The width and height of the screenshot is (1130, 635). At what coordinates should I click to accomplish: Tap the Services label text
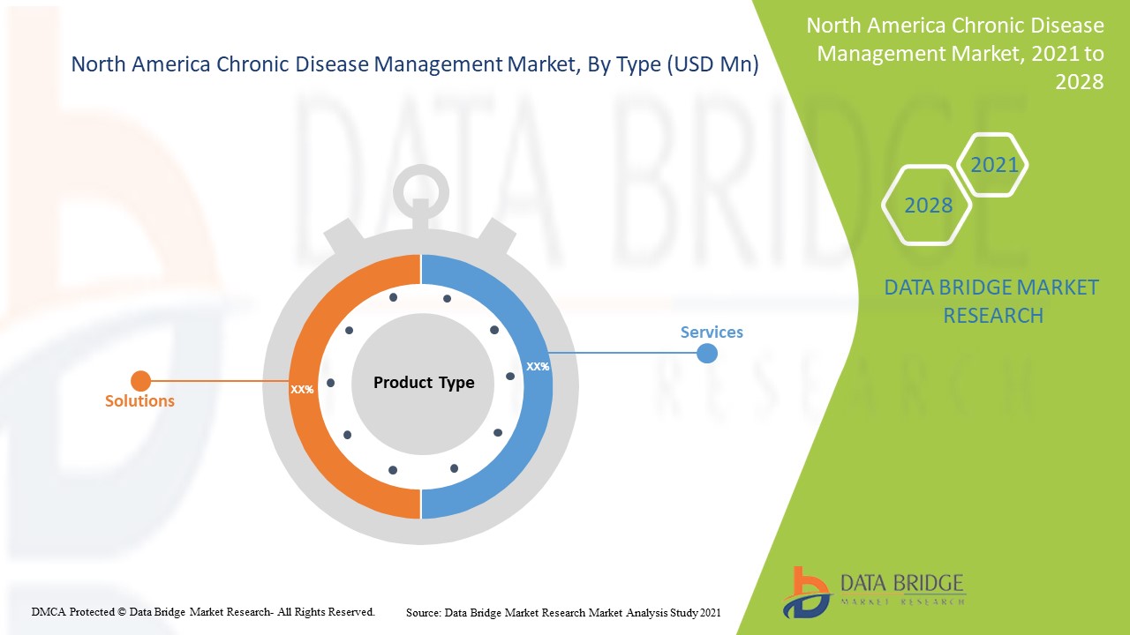712,332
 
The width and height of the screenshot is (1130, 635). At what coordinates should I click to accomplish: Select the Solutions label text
139,401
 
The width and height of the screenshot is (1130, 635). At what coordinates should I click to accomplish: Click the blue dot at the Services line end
706,354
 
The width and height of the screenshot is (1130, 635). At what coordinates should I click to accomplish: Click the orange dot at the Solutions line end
140,381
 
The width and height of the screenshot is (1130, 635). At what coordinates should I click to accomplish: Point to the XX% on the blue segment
537,366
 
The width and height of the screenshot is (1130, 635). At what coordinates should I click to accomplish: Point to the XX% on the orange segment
302,389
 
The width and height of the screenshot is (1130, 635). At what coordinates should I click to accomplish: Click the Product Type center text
424,383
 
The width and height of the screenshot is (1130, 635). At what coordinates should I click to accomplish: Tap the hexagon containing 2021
994,165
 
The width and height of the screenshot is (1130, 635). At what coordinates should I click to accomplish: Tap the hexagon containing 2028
928,205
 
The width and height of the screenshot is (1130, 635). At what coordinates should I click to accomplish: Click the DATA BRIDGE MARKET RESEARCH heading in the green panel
992,301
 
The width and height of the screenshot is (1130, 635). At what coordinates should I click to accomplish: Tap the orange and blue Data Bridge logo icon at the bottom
805,592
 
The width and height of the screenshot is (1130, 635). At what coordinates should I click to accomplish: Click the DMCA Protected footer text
203,611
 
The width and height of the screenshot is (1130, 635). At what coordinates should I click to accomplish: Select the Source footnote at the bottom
563,612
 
